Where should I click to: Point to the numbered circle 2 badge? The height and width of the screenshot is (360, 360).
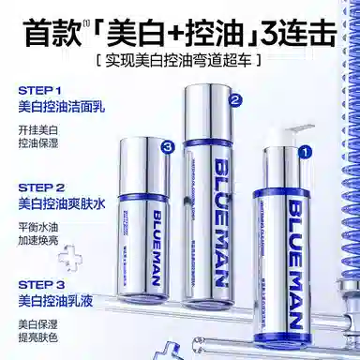tap(236, 98)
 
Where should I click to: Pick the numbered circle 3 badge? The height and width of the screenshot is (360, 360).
tap(167, 147)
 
